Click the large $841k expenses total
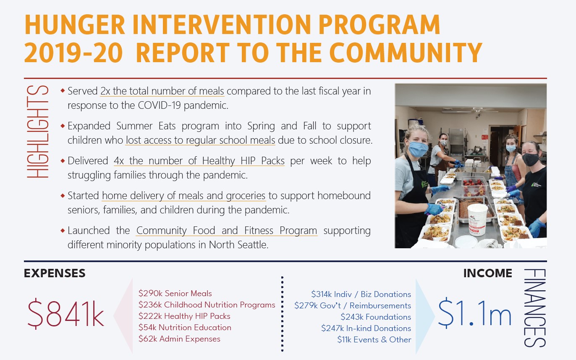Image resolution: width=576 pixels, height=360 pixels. pos(65,314)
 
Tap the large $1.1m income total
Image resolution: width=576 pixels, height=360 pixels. pos(474,314)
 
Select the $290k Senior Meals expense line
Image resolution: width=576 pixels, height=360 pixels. pos(175,294)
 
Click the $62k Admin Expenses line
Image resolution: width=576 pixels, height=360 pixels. pos(179,339)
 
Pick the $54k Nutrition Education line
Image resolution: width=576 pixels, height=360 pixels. pos(185,327)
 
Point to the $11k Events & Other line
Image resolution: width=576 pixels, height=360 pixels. pos(374,339)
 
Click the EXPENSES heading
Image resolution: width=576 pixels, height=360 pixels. pos(55,273)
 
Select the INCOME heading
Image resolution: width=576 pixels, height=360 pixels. pos(487,273)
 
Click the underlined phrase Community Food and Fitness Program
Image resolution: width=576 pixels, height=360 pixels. pos(227,231)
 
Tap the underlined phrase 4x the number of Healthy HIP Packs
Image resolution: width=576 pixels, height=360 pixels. pos(199,161)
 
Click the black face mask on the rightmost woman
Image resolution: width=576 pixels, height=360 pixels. pos(530,159)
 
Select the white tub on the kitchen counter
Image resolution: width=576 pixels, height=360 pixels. pos(477,219)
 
